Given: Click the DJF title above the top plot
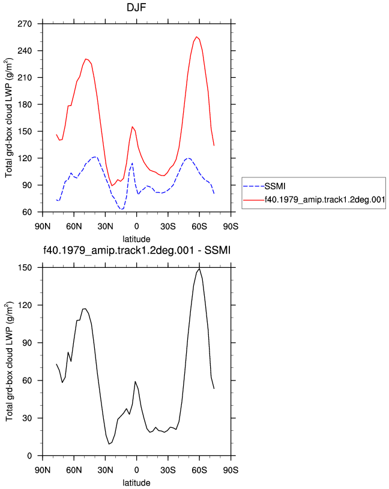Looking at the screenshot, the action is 136,7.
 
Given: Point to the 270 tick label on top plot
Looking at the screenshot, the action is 25,24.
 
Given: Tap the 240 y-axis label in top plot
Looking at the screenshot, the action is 25,50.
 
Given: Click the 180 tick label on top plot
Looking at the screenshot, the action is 25,104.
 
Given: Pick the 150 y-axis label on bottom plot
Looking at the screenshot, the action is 25,268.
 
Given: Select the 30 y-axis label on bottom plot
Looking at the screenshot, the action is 28,418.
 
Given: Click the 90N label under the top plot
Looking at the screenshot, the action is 43,227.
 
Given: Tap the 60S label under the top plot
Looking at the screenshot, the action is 199,227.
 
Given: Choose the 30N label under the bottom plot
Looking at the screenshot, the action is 105,470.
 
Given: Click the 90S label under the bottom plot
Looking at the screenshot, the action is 231,470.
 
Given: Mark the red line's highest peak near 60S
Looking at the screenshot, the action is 196,37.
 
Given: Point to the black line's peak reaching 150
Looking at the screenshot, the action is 199,269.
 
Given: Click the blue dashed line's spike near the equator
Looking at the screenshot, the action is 132,163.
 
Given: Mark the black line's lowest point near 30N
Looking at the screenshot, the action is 109,444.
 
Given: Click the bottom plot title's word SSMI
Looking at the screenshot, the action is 217,250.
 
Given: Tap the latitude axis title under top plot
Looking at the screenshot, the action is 136,239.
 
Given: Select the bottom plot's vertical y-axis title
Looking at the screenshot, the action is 10,361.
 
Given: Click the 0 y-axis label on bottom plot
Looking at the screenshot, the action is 29,456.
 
